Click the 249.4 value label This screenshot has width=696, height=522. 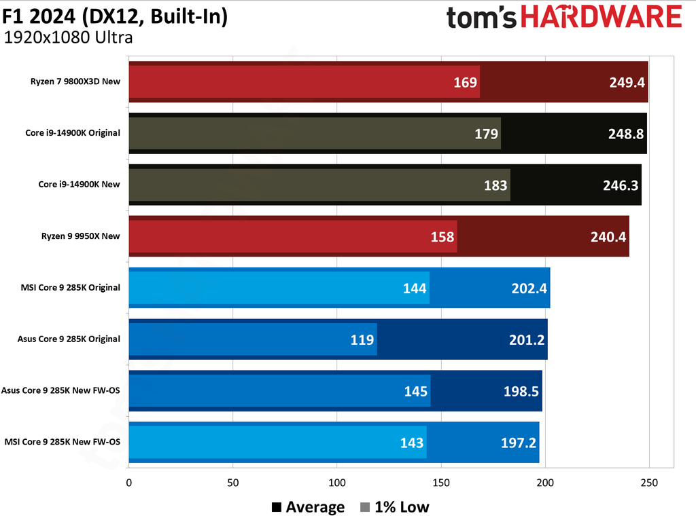(x=626, y=83)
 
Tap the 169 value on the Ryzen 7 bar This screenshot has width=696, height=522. (x=466, y=83)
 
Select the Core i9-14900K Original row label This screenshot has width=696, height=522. (x=73, y=133)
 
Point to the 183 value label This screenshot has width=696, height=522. (x=496, y=185)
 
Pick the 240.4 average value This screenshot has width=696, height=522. (x=608, y=237)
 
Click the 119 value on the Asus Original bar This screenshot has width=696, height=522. (x=362, y=339)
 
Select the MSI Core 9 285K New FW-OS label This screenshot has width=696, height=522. (x=63, y=442)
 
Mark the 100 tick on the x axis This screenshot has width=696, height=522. (x=337, y=483)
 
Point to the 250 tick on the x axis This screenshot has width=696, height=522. (x=649, y=483)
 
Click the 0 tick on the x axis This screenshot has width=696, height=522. (x=129, y=483)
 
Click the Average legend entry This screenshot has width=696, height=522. (x=308, y=507)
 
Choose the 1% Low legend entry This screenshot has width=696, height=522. (x=394, y=507)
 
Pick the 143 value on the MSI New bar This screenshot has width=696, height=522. (x=413, y=443)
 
